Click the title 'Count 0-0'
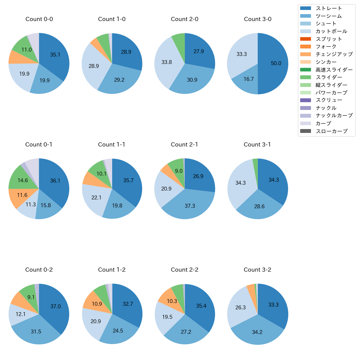[39, 19]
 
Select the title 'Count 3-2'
[257, 270]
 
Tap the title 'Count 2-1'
[184, 145]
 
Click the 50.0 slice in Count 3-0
[274, 63]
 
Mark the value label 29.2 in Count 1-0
[119, 80]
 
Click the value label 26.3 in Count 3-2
[240, 308]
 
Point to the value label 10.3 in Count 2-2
[172, 301]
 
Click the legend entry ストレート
[329, 8]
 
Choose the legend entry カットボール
[331, 31]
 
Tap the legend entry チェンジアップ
[334, 54]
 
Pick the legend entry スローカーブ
[331, 131]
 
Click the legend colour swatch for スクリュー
[305, 100]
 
